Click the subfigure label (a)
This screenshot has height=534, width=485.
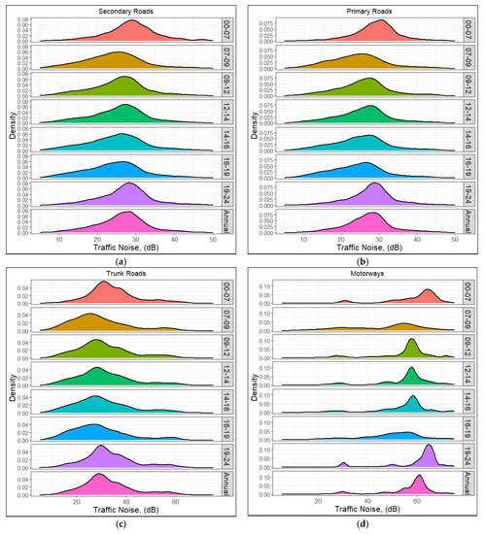121,261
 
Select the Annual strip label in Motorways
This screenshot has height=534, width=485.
477,482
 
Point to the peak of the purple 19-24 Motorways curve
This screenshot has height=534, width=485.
429,447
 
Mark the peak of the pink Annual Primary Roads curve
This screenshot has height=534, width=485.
373,213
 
